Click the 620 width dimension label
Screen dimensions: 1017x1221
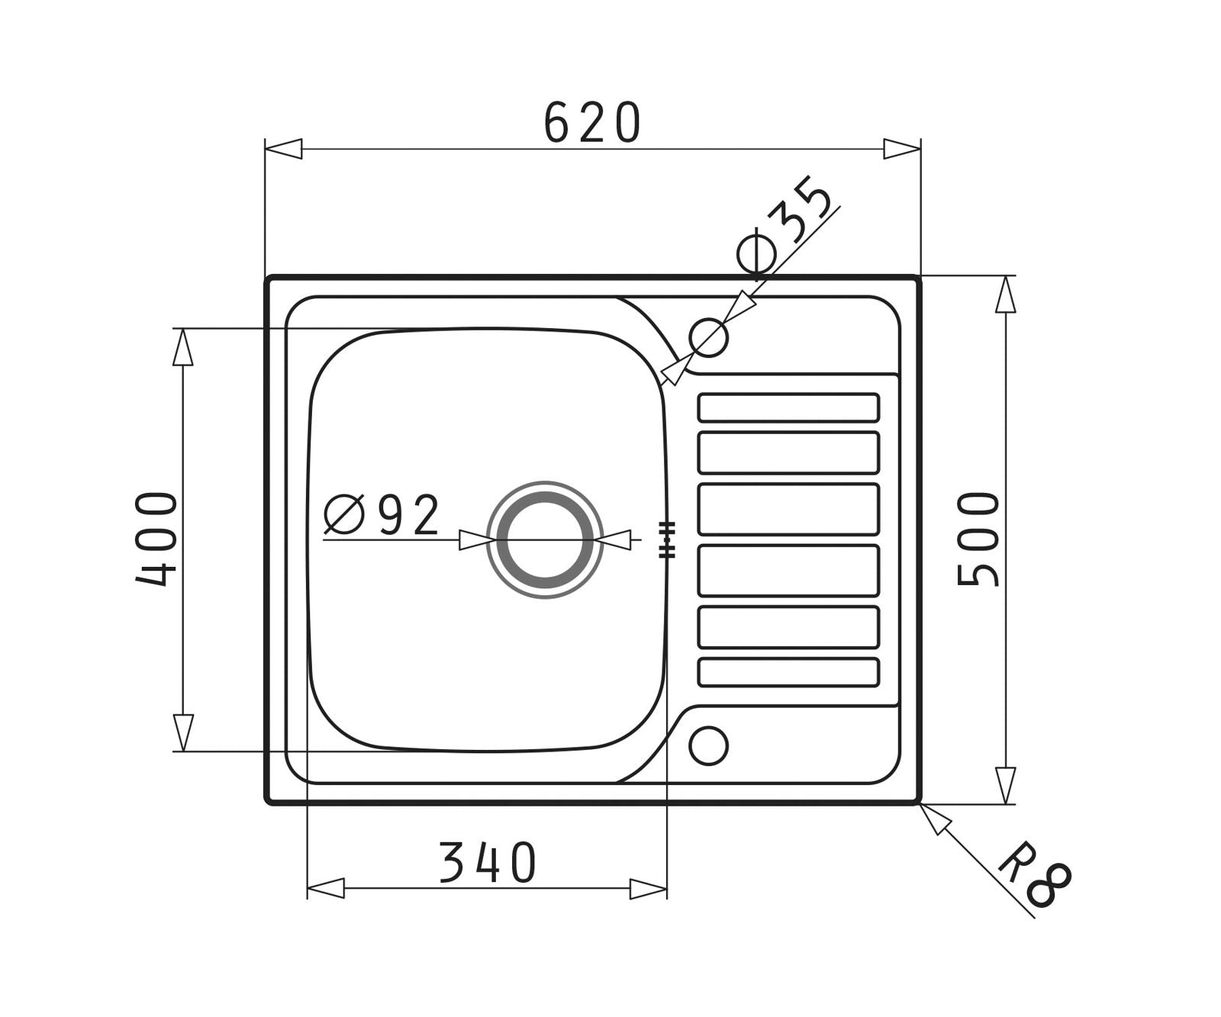click(592, 123)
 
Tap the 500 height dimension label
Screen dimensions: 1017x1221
click(978, 539)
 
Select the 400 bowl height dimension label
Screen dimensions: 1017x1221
click(156, 539)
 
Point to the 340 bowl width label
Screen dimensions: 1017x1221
click(488, 863)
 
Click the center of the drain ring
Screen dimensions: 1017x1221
click(545, 540)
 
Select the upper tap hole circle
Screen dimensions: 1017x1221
click(708, 336)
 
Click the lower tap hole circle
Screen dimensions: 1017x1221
click(708, 745)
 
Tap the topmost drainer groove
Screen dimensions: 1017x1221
click(788, 407)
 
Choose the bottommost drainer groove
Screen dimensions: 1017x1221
click(788, 672)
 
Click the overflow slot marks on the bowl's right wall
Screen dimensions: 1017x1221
click(667, 540)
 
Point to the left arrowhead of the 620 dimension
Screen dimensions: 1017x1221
click(283, 149)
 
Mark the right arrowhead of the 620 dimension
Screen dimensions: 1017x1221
click(902, 149)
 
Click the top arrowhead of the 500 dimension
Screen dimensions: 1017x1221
click(1006, 294)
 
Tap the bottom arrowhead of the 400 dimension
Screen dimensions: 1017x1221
click(183, 732)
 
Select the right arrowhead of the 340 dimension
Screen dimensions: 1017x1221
click(649, 888)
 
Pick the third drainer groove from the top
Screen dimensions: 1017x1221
click(788, 509)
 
